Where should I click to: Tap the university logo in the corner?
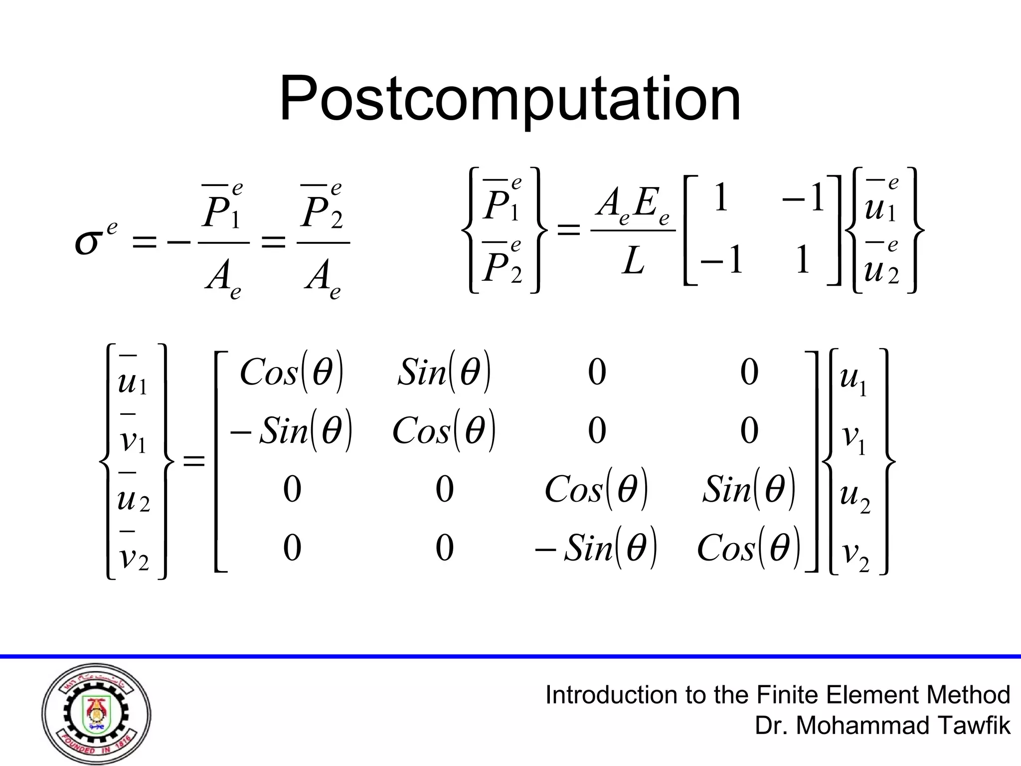pyautogui.click(x=96, y=714)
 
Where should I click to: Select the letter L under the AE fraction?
pyautogui.click(x=633, y=261)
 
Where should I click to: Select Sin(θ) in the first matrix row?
pyautogui.click(x=444, y=373)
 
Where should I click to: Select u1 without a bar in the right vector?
pyautogui.click(x=853, y=378)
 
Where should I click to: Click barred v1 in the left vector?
pyautogui.click(x=133, y=439)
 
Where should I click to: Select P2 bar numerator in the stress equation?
pyautogui.click(x=322, y=212)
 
